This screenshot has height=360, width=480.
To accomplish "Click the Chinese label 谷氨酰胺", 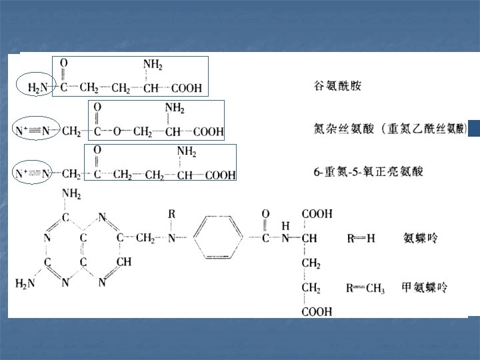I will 337,87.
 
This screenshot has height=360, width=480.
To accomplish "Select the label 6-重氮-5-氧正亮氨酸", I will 368,171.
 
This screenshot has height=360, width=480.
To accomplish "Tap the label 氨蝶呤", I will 421,237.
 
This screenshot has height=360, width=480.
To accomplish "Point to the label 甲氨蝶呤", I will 425,287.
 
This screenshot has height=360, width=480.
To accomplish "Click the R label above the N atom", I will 171,214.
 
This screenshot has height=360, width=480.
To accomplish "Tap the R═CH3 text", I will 365,288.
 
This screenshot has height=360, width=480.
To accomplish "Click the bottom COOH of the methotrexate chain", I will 317,311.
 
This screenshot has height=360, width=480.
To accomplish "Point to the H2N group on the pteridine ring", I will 26,283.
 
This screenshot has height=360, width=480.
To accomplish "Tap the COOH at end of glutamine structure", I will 187,88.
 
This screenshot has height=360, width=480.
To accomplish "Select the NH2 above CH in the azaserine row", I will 175,108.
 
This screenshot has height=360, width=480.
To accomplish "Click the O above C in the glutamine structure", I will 64,63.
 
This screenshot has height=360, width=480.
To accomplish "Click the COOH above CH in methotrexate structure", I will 317,214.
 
